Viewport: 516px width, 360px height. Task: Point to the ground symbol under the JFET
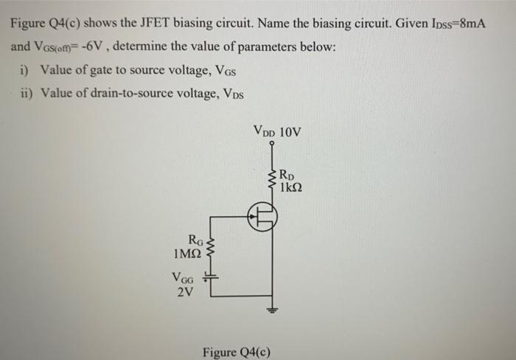click(276, 309)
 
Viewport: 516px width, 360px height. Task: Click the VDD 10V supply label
click(277, 133)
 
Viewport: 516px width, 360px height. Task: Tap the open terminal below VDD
click(272, 147)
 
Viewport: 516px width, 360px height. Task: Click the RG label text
click(195, 239)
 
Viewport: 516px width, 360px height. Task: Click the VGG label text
click(184, 278)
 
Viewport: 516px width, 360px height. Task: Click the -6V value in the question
click(98, 46)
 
